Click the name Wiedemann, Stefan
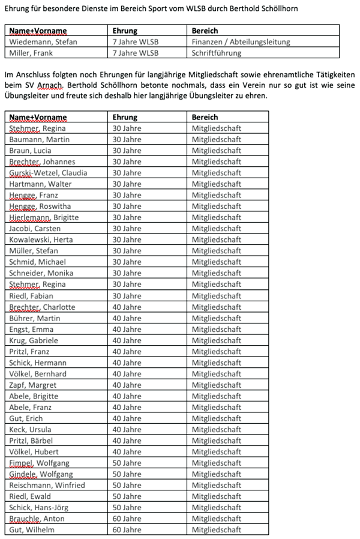click(x=43, y=42)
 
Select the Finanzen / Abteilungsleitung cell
click(x=241, y=42)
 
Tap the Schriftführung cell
click(x=217, y=53)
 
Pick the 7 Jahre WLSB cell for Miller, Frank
click(x=136, y=53)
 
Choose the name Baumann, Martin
click(x=40, y=139)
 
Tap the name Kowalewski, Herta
click(x=42, y=239)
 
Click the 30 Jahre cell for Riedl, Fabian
click(x=127, y=296)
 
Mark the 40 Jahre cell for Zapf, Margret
click(x=127, y=385)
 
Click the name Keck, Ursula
click(x=30, y=430)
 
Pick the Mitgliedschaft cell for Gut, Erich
click(x=216, y=418)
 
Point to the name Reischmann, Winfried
click(x=47, y=485)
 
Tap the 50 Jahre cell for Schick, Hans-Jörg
click(x=127, y=508)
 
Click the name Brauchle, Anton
click(x=37, y=519)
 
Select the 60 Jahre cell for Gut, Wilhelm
click(x=127, y=530)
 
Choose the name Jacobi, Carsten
click(x=35, y=229)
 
